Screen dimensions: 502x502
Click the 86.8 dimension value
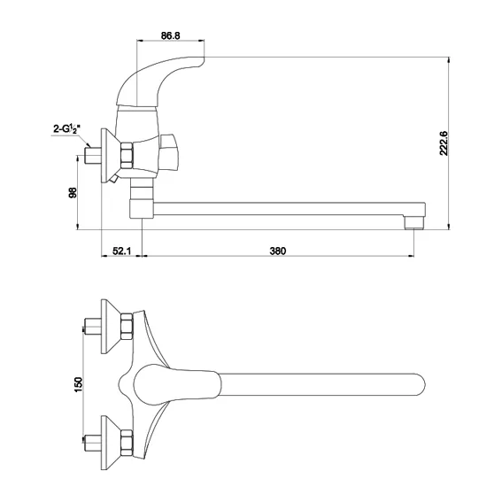click(x=170, y=35)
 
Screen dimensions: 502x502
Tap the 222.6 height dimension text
click(x=444, y=143)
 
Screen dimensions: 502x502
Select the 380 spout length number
click(x=278, y=251)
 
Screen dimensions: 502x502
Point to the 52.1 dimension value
click(x=121, y=251)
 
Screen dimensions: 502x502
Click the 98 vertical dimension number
click(x=73, y=192)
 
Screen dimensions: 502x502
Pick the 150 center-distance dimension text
click(x=78, y=384)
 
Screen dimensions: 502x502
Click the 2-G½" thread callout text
click(x=66, y=129)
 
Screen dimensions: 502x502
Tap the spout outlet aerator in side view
click(x=414, y=222)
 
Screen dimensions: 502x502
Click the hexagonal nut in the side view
click(x=127, y=155)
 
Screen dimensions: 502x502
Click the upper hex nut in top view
click(x=127, y=326)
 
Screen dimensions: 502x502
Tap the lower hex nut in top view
click(x=127, y=443)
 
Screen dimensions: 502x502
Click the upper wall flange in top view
click(x=111, y=327)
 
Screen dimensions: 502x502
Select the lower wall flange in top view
click(x=111, y=443)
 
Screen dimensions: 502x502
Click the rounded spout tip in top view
click(x=419, y=384)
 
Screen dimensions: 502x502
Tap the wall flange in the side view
click(x=111, y=156)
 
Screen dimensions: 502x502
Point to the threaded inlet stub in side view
click(x=93, y=155)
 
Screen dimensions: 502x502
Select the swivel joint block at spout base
click(x=142, y=209)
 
